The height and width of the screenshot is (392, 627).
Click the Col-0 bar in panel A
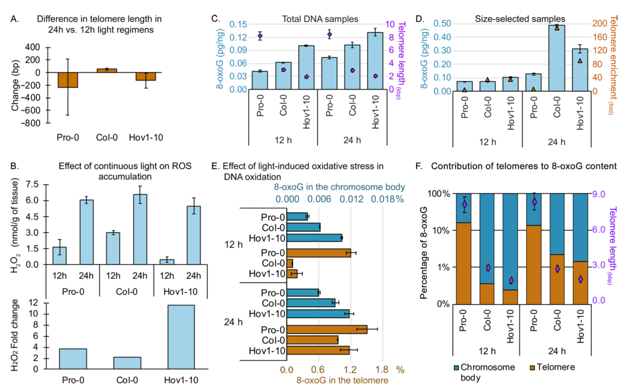coord(107,70)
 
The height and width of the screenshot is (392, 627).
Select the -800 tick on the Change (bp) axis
coord(31,123)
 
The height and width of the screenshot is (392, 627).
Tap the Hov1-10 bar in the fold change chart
coord(181,337)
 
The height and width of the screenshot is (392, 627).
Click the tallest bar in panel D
coord(556,58)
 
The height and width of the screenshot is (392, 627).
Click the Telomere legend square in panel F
coord(532,368)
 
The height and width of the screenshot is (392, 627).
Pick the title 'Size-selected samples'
coord(520,19)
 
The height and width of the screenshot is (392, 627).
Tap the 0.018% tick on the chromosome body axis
coord(387,199)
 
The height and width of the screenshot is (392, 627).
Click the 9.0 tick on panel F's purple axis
coord(599,194)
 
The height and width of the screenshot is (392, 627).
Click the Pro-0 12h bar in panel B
coord(59,256)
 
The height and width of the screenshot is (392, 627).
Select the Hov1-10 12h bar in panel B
coord(167,262)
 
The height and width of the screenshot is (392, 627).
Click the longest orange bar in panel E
coord(327,330)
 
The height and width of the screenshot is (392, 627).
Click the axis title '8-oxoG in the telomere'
coord(342,380)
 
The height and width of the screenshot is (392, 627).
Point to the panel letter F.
coord(419,166)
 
